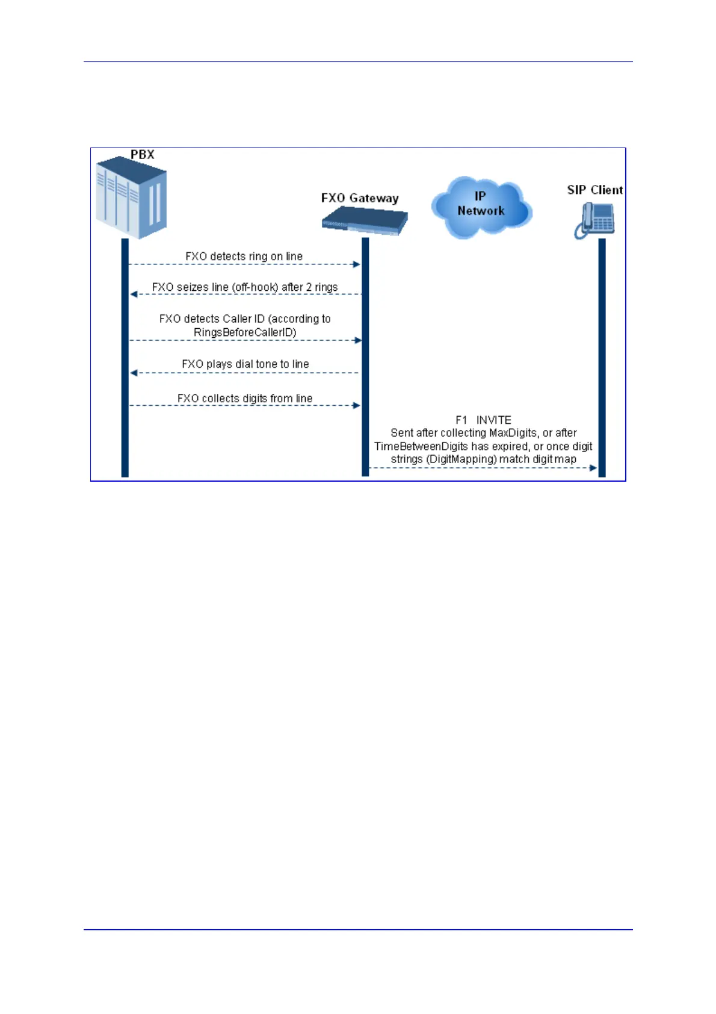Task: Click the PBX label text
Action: [143, 155]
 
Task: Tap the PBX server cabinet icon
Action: [131, 198]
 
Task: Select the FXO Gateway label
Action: [360, 198]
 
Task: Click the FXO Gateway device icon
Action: [365, 221]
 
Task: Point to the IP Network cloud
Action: [481, 206]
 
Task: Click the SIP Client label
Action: [594, 190]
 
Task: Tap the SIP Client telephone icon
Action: [594, 220]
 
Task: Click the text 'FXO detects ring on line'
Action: [244, 257]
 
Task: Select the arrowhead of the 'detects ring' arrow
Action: [357, 264]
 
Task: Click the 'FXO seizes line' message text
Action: [244, 287]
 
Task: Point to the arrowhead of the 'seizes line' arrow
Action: [134, 294]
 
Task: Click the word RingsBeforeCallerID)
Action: [245, 332]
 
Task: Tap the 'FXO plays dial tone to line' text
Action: [245, 364]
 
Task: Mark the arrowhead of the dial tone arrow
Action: [134, 373]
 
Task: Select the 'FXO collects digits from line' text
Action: [244, 399]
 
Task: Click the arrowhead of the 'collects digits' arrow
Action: [357, 406]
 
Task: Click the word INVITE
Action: [494, 420]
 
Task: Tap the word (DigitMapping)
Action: [461, 459]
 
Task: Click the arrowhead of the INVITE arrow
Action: [593, 468]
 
